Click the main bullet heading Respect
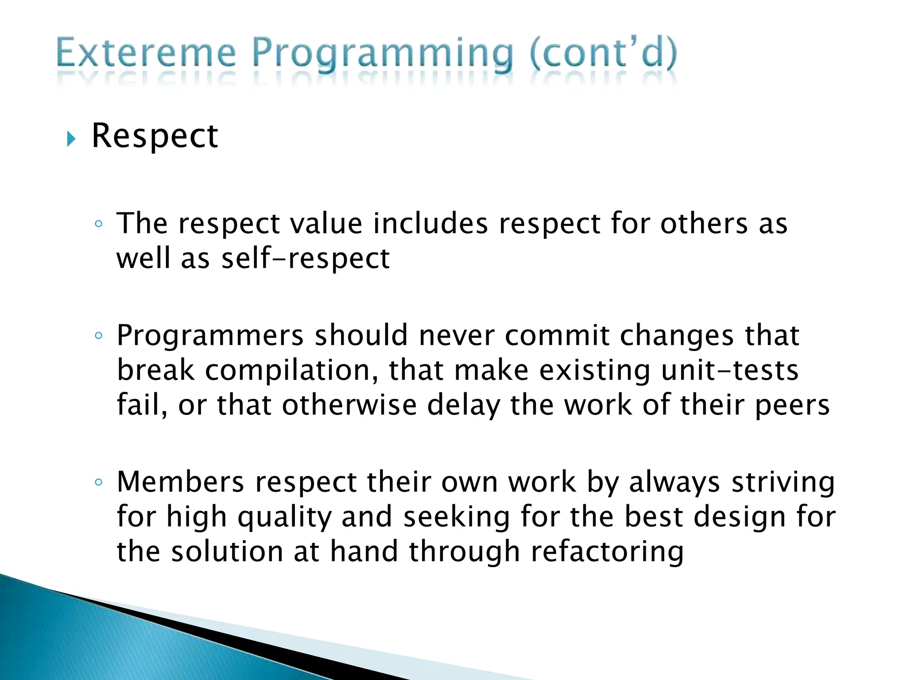coord(155,135)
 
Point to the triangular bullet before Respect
coord(71,139)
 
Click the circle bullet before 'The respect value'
coord(98,224)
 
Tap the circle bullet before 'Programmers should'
coord(98,336)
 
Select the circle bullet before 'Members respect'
coord(98,482)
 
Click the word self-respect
coord(306,259)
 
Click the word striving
coord(783,482)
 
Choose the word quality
coord(284,517)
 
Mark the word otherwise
coord(349,406)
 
